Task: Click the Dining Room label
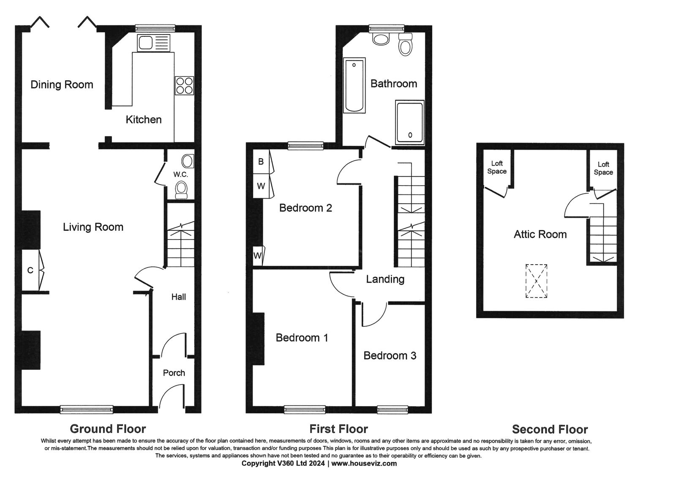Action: coord(62,85)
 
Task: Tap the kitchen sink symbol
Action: coord(154,43)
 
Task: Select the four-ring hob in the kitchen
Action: coord(184,85)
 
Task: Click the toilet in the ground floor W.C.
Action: coord(181,190)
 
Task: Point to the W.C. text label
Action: coord(180,174)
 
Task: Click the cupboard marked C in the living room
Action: coord(31,270)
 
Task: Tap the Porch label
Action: coord(174,373)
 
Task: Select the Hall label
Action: coord(179,297)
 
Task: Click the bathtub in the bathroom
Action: coord(354,85)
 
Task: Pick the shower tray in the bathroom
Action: coord(409,122)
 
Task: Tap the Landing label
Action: coord(385,279)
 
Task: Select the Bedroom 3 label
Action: coord(390,355)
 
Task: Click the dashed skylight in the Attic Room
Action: coord(536,281)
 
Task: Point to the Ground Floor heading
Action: coord(108,429)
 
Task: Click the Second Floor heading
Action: coord(550,429)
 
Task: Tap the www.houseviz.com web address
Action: coord(364,463)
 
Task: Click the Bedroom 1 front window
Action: coord(305,410)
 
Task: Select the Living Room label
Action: coord(93,227)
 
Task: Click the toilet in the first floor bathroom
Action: coord(405,45)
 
